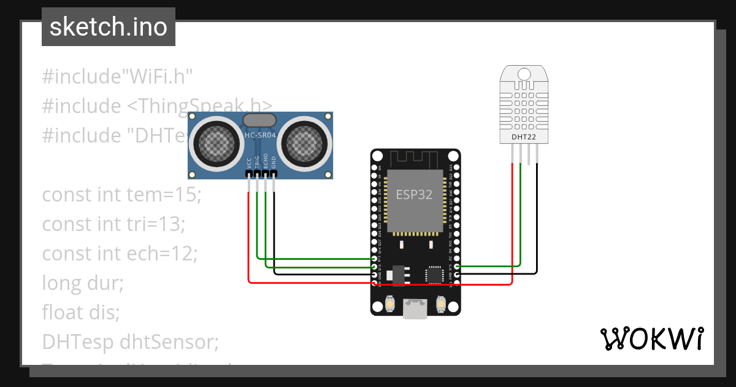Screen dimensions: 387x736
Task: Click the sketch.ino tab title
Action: pos(108,27)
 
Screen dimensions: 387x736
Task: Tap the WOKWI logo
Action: pos(651,338)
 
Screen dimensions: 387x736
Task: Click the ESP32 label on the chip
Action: pos(413,195)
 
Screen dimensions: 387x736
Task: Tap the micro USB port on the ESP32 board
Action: pos(416,308)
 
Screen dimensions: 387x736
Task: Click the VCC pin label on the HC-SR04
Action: pos(248,162)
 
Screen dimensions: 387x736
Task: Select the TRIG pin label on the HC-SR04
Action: pos(257,162)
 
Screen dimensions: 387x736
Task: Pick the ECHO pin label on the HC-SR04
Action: pos(266,161)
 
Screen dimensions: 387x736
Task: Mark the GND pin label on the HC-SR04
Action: pos(274,162)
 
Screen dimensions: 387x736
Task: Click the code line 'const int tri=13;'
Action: pos(113,224)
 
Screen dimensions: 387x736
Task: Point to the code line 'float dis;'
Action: pos(80,312)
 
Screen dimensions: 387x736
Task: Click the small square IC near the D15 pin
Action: pos(435,275)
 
